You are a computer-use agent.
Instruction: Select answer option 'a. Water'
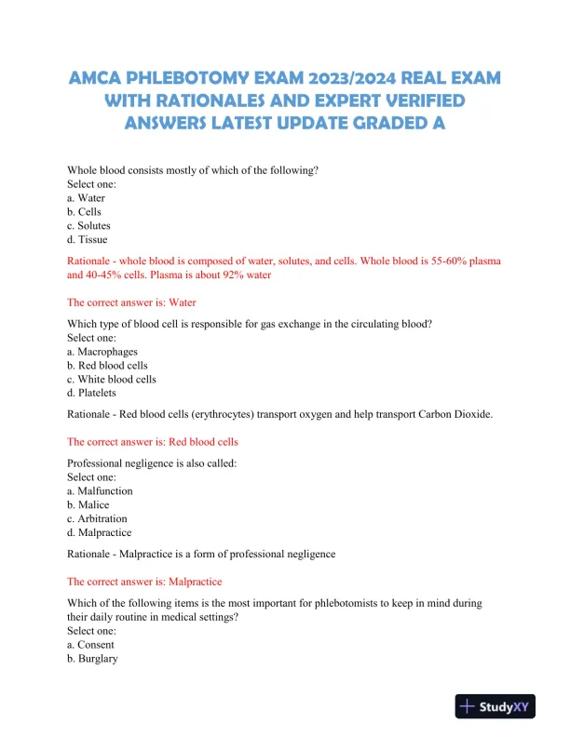point(87,198)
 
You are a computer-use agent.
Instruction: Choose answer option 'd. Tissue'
point(88,240)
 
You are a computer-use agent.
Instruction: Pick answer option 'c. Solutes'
point(89,226)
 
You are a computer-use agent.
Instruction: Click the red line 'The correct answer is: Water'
point(132,302)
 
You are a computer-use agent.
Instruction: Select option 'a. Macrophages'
point(102,352)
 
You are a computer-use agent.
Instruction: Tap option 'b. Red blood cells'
point(108,366)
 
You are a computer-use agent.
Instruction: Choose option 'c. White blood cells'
point(112,380)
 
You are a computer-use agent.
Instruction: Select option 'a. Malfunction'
point(101,491)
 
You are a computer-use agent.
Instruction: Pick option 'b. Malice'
point(88,505)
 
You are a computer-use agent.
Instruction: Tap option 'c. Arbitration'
point(98,519)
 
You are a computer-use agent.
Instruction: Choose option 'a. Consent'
point(90,645)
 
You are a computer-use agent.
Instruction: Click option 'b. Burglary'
point(92,659)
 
